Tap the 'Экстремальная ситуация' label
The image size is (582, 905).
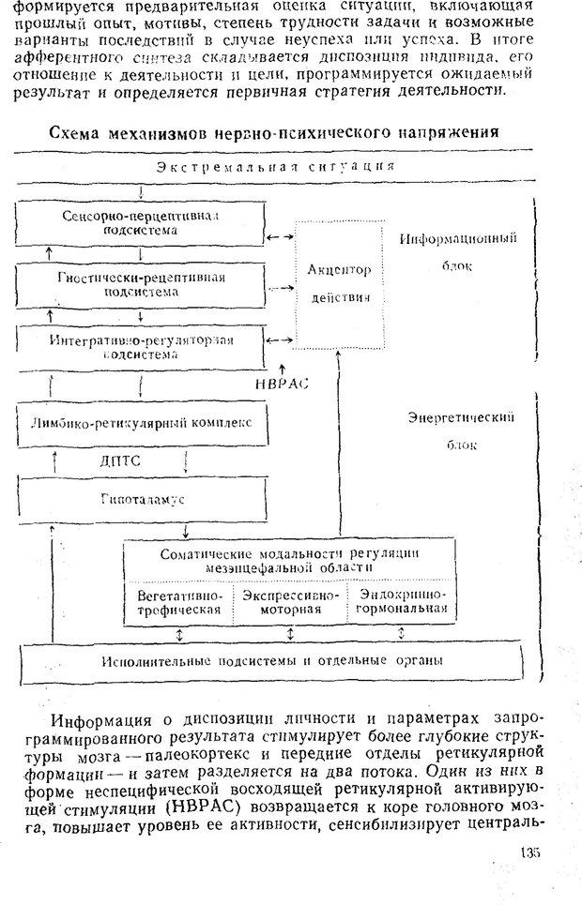pyautogui.click(x=276, y=167)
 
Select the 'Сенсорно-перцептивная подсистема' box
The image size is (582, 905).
pyautogui.click(x=140, y=223)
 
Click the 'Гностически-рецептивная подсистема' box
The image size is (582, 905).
pyautogui.click(x=140, y=284)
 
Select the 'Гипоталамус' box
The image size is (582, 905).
pyautogui.click(x=142, y=499)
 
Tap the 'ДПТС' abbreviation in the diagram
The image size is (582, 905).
pyautogui.click(x=122, y=460)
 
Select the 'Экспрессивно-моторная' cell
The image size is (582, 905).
pyautogui.click(x=291, y=602)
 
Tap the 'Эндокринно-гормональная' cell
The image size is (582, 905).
pyautogui.click(x=402, y=602)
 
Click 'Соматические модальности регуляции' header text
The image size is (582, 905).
pyautogui.click(x=289, y=554)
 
